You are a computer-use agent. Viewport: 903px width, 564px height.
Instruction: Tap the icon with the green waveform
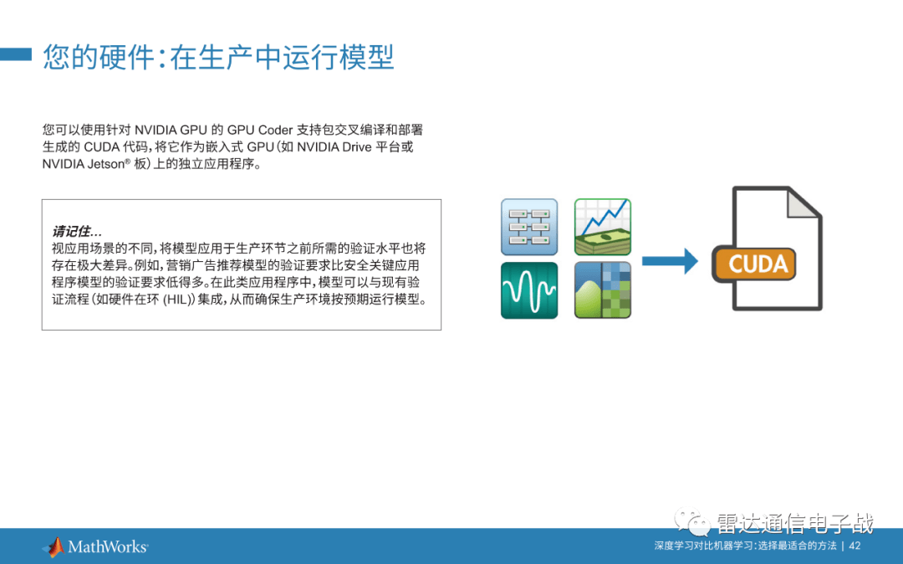529,290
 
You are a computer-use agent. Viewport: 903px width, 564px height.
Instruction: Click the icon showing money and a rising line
602,227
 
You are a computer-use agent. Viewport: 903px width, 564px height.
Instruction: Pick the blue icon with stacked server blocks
529,227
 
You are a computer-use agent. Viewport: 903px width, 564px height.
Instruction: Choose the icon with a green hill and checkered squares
602,290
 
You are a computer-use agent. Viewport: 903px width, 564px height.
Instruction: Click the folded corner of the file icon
804,205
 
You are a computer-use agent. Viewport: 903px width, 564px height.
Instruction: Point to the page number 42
855,546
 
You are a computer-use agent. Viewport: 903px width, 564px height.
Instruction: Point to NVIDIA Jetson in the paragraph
79,165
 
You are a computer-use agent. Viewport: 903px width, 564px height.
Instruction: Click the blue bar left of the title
15,55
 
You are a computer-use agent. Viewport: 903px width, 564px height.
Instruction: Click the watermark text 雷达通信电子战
795,525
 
